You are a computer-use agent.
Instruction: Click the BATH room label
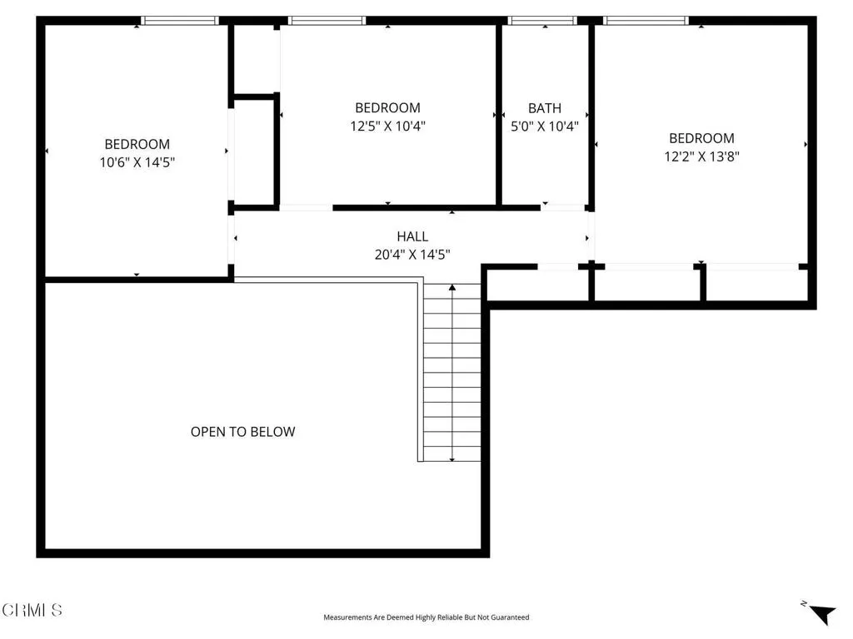coord(544,108)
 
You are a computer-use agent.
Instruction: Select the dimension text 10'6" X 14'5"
coord(137,163)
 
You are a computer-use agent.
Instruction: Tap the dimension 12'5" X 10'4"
coord(387,126)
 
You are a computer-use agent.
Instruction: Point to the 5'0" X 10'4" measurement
coord(544,126)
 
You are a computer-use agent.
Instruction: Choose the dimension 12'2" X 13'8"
coord(701,156)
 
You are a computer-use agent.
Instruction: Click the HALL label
coord(412,237)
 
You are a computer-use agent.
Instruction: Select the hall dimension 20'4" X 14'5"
coord(412,255)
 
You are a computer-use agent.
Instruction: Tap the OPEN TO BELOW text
coord(242,432)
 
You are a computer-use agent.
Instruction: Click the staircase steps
coord(452,374)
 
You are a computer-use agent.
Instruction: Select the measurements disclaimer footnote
coord(426,617)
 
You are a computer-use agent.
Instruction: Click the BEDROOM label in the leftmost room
coord(137,145)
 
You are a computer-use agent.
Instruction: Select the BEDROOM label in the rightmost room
coord(701,138)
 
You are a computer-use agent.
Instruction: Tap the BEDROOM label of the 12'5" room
coord(387,108)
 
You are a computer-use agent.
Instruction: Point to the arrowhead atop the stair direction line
coord(452,288)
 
